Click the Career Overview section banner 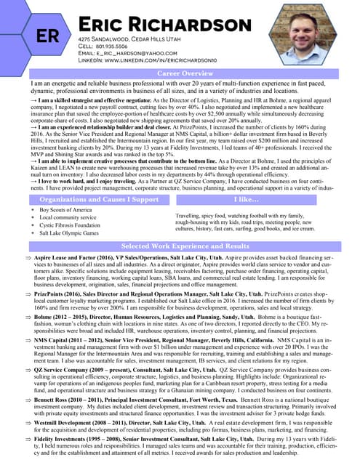coord(186,74)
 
